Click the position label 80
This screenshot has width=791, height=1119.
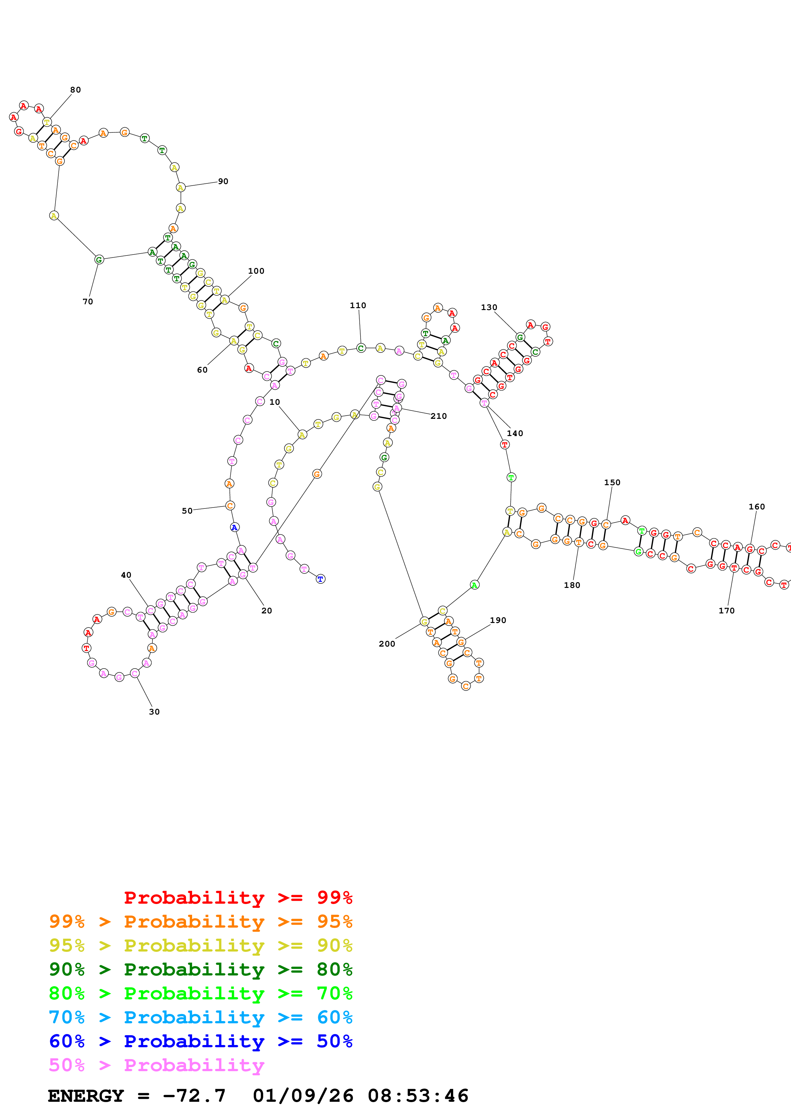(76, 90)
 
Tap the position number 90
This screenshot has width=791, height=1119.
(223, 181)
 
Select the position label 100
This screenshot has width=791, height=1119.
(256, 271)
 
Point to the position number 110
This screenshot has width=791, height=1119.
(358, 306)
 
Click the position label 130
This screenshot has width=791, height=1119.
(489, 308)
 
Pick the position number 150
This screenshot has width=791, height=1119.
(612, 483)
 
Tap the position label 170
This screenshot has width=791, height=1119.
(726, 611)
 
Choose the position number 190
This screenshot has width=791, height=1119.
(497, 620)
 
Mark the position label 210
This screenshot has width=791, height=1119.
(438, 416)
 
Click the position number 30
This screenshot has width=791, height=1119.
(154, 712)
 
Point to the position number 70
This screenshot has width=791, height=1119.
(88, 302)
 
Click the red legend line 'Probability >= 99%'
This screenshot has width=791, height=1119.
(238, 897)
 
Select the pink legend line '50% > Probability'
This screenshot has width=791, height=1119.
(156, 1065)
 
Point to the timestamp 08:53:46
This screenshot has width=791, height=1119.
(418, 1096)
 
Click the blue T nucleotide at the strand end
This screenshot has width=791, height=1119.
(320, 579)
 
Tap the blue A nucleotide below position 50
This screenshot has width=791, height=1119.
(235, 527)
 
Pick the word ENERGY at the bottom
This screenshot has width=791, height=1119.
(86, 1096)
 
